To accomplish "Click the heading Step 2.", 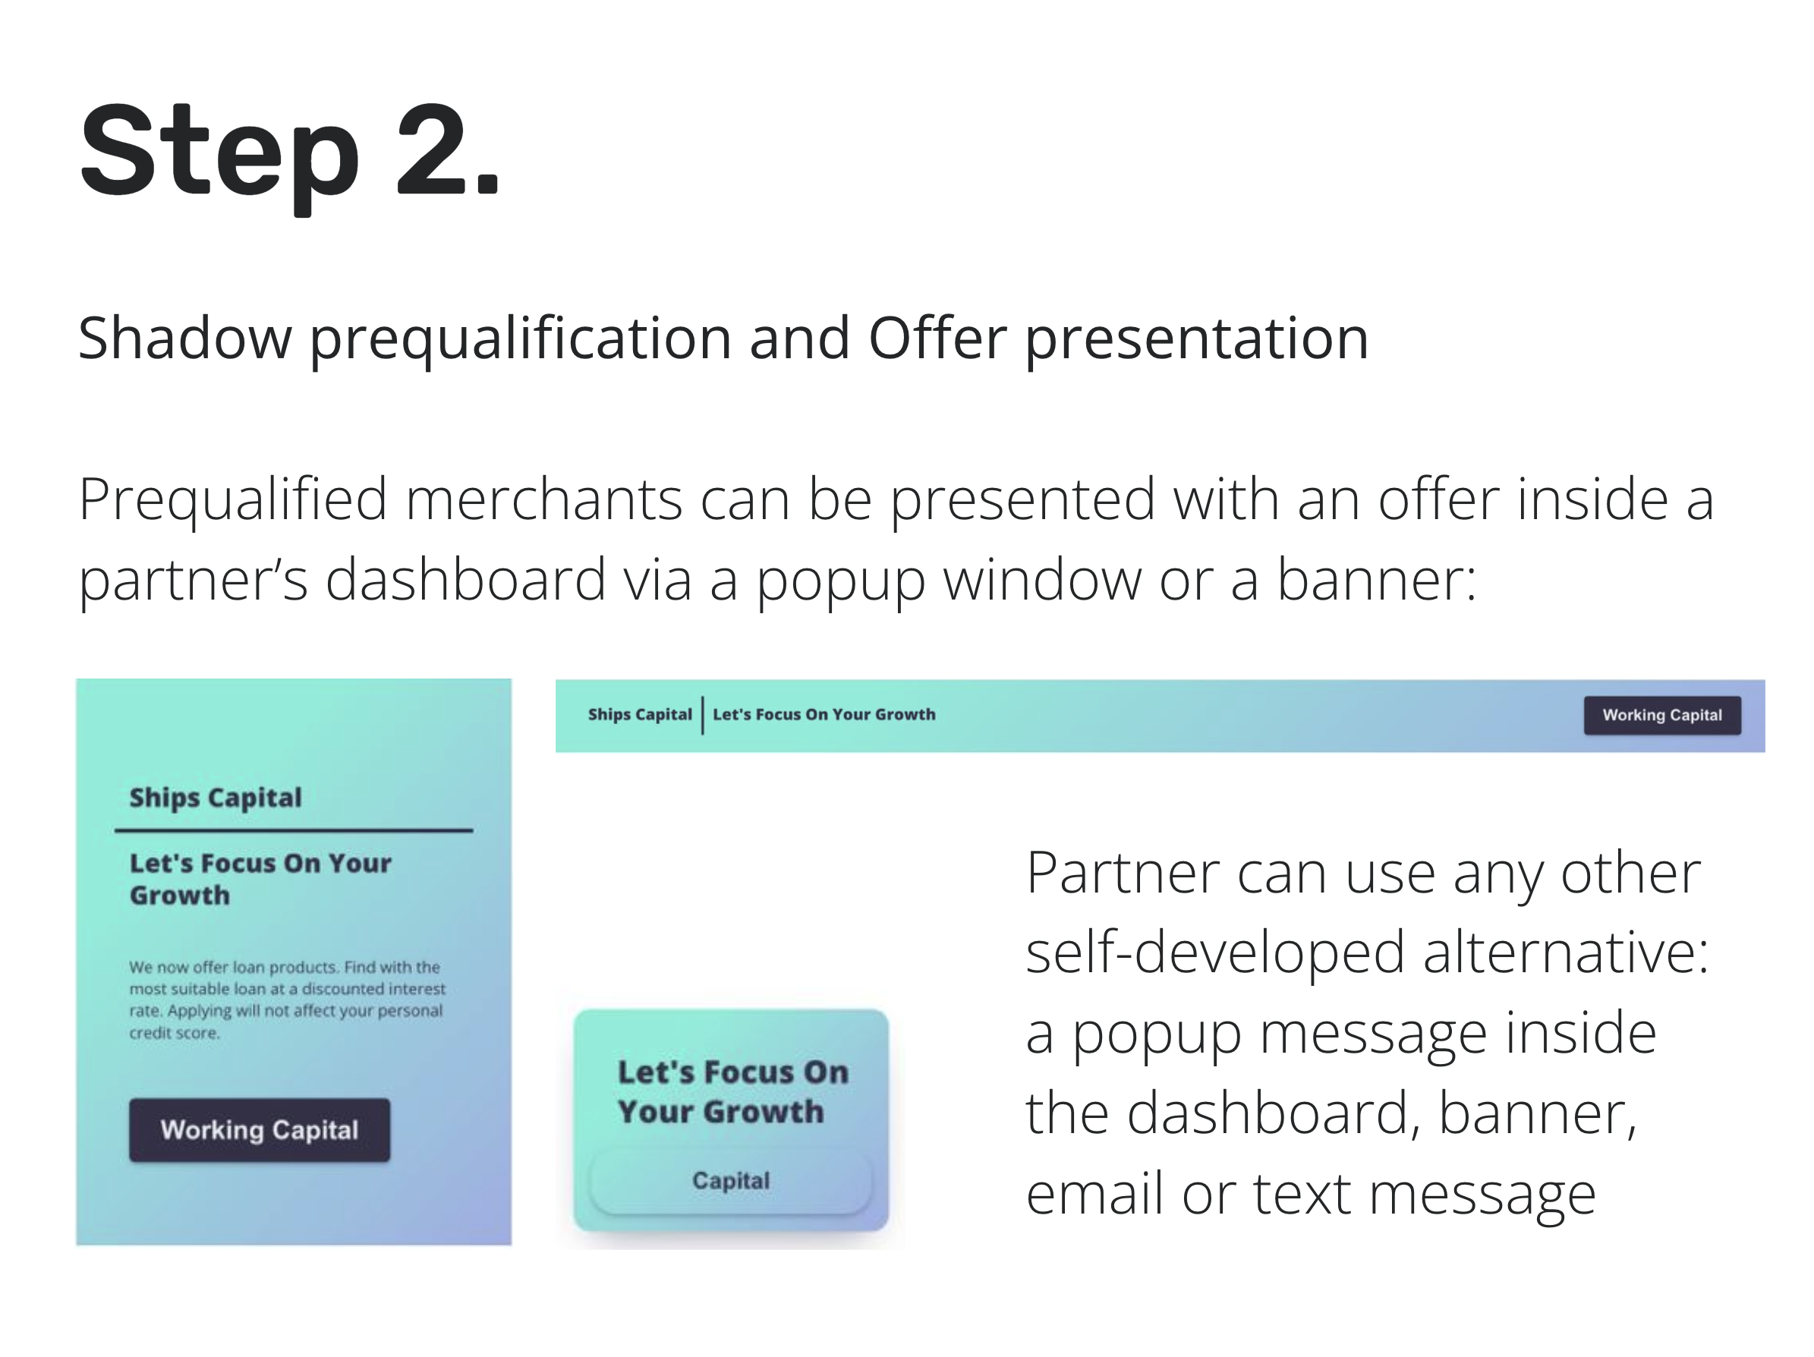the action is click(289, 153).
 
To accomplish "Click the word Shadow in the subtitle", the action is click(184, 338).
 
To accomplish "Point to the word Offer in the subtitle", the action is click(937, 338).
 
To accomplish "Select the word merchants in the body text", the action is click(543, 499).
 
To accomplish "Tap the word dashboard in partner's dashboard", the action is click(466, 580).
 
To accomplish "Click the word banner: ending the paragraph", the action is click(1377, 580).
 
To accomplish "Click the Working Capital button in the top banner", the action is click(1661, 715).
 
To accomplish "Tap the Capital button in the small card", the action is click(731, 1181).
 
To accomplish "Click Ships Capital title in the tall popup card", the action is click(216, 798).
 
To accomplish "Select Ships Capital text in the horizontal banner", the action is click(640, 714).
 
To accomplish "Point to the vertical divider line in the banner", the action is click(703, 715).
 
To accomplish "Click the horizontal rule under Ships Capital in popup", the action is click(294, 830).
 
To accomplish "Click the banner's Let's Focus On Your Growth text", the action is click(824, 714).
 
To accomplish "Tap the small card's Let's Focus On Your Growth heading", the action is click(732, 1091).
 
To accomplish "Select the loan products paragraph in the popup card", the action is click(287, 1000).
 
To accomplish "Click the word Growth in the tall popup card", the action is click(180, 896).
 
